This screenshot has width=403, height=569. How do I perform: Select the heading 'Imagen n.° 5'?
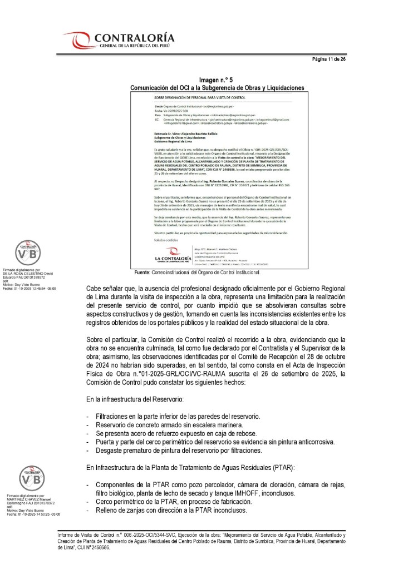click(x=217, y=81)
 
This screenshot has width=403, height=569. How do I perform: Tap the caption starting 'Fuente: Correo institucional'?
click(x=197, y=273)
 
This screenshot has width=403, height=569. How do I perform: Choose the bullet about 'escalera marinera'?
click(x=170, y=425)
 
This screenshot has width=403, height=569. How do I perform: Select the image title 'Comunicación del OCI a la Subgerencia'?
click(x=217, y=88)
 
